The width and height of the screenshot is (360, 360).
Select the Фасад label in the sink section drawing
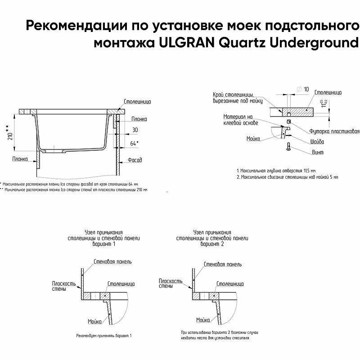135,160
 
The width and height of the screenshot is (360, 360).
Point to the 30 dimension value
135,130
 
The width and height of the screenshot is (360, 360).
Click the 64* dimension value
134,143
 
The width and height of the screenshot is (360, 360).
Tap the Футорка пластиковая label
335,131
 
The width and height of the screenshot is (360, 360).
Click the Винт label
318,152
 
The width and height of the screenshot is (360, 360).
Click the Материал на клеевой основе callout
241,119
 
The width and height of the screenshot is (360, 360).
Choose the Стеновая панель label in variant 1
112,261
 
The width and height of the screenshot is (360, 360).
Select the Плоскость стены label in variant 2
171,283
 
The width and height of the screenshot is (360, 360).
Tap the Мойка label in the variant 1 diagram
94,321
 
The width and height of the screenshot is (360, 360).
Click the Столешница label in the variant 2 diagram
231,284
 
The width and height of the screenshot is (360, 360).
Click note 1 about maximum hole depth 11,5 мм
276,171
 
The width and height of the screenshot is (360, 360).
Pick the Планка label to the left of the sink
20,159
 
